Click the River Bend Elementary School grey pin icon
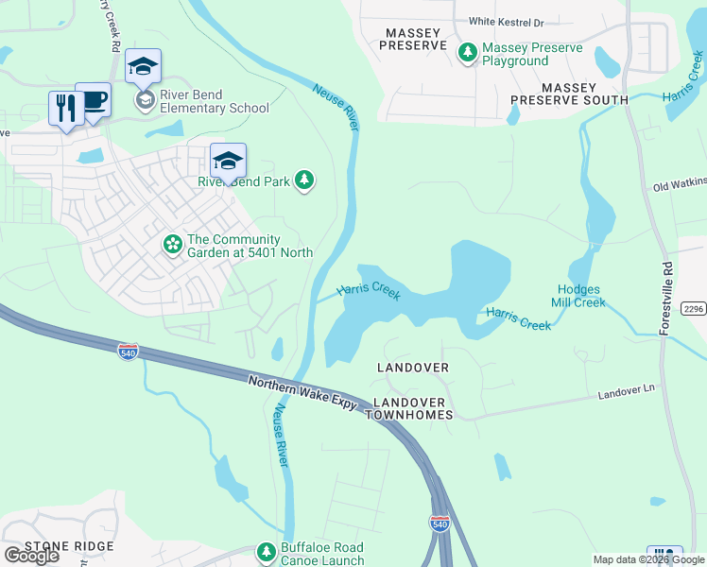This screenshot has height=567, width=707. tap(145, 99)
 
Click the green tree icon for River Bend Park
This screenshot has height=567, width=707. tap(303, 180)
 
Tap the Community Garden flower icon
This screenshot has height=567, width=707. tap(172, 245)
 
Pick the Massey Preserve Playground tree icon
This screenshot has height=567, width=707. tap(467, 53)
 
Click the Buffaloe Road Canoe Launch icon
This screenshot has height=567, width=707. tap(266, 552)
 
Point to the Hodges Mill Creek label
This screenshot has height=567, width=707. tap(579, 296)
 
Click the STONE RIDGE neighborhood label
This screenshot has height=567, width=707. tap(69, 546)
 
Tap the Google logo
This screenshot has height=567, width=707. tap(31, 555)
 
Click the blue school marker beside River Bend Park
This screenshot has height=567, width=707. tap(228, 161)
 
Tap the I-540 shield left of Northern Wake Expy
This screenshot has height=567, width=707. tap(129, 352)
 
